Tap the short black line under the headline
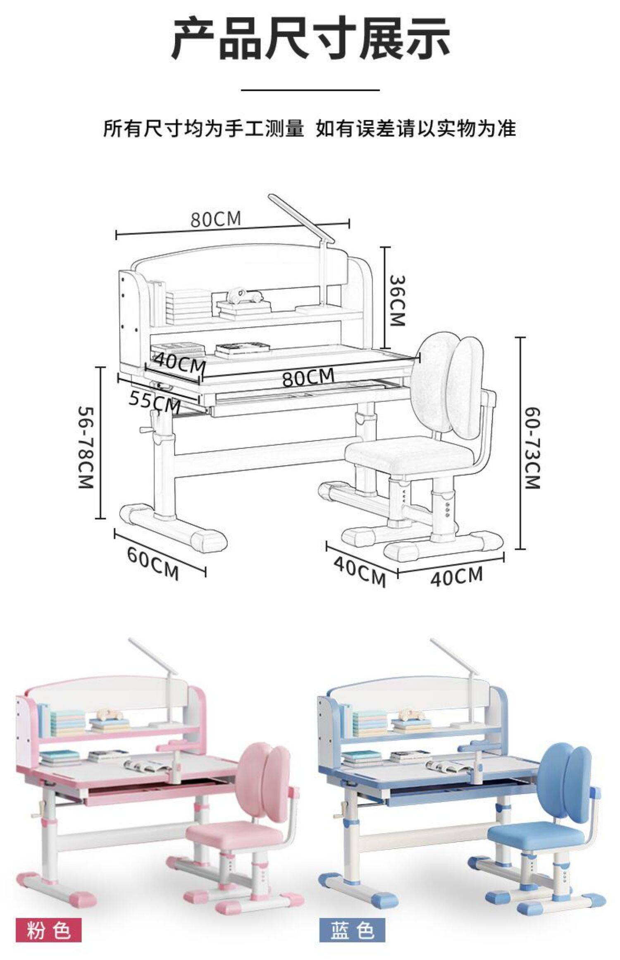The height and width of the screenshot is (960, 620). tap(310, 89)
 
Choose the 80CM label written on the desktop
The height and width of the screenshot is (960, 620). tap(308, 377)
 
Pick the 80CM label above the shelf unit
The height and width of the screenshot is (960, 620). tap(215, 219)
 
